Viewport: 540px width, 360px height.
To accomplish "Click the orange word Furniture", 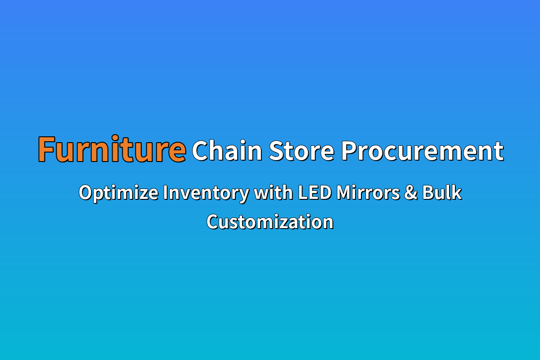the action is point(112,149).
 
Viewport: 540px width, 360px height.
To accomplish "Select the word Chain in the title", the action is point(227,150).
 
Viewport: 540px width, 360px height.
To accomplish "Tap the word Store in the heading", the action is point(301,151).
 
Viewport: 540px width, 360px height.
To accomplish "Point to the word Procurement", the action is point(423,151).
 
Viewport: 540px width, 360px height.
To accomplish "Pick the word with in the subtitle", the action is point(274,192).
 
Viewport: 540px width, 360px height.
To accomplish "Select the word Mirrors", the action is point(368,193).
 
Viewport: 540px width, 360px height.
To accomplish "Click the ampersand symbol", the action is point(411,193).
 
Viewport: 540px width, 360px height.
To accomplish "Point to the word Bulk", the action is point(442,192).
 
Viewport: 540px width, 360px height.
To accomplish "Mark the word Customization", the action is point(270,221).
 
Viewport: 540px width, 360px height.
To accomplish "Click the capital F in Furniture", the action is point(46,149).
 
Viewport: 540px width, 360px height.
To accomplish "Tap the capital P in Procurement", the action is point(349,151).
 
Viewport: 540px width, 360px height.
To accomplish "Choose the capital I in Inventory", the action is point(165,193).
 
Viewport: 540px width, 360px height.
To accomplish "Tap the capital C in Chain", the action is point(201,151).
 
